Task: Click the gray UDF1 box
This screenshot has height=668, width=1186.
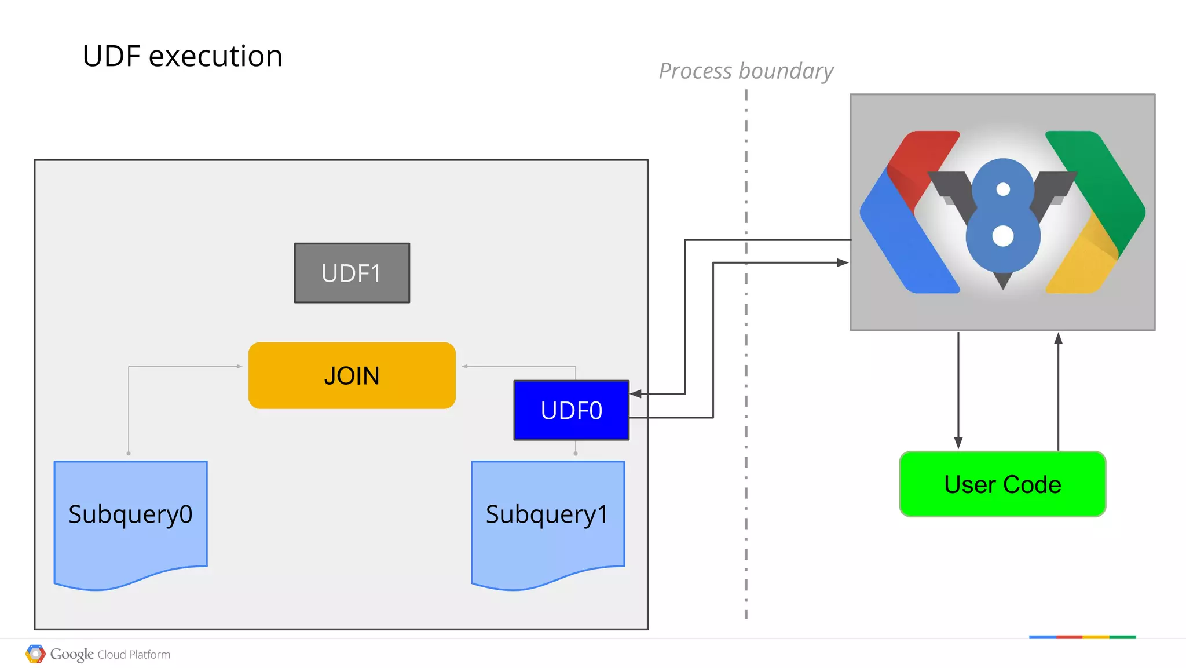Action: tap(352, 273)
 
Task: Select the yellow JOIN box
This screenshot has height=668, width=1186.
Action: tap(352, 375)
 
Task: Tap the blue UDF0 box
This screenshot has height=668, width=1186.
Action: tap(571, 410)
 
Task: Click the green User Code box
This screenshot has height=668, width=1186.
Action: tap(1002, 484)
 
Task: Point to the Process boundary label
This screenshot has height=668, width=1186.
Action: tap(746, 71)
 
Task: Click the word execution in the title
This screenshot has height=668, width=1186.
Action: tap(215, 56)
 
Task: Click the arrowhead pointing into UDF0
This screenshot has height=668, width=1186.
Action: tap(636, 394)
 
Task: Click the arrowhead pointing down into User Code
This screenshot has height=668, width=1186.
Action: tap(958, 443)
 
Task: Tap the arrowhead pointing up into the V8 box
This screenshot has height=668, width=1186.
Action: tap(1058, 339)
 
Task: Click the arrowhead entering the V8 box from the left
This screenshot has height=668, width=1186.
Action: tap(843, 262)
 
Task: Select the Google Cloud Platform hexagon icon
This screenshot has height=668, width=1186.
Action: tap(35, 654)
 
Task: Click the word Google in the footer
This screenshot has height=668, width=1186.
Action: tap(72, 654)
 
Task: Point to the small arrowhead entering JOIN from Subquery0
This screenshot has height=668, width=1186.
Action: tap(239, 366)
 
